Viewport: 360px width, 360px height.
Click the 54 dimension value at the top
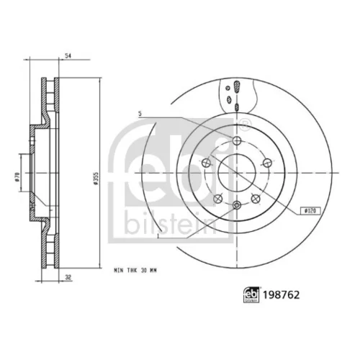(x=68, y=55)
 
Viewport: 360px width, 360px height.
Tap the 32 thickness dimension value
(x=68, y=277)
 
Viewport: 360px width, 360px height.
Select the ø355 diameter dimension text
(x=96, y=179)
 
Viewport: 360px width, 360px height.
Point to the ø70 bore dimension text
(x=17, y=177)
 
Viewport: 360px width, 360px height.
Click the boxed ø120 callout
(x=310, y=211)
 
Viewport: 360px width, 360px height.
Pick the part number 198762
(x=282, y=295)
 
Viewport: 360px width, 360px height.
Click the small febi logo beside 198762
(x=251, y=295)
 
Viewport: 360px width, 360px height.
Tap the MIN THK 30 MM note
(x=135, y=271)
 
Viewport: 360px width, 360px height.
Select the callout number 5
(x=140, y=114)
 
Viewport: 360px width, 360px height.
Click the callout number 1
(x=158, y=236)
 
